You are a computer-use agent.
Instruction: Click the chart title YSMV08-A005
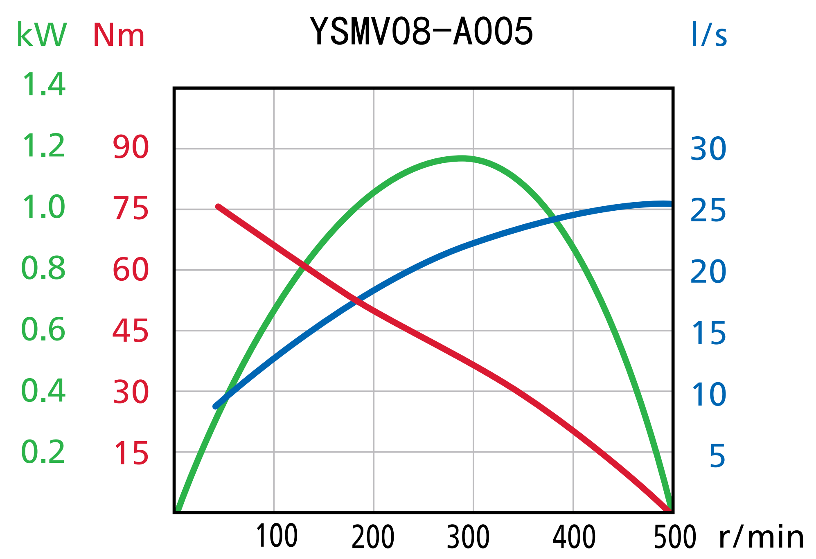[x=422, y=32]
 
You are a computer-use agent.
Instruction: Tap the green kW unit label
[x=41, y=35]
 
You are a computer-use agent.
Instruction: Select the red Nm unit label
[x=119, y=35]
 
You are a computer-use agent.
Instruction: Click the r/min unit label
[x=762, y=537]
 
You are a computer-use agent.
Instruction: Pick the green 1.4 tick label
[x=43, y=85]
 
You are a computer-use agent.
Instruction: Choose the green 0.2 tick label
[x=43, y=452]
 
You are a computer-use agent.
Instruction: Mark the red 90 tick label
[x=131, y=147]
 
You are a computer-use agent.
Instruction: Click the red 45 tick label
[x=131, y=331]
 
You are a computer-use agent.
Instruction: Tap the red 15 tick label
[x=131, y=453]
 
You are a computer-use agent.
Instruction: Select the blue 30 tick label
[x=708, y=149]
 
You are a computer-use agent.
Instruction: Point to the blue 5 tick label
[x=717, y=455]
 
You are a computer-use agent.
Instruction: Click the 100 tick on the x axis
[x=277, y=536]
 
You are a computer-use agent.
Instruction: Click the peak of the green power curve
[x=462, y=158]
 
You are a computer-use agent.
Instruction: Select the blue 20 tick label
[x=708, y=271]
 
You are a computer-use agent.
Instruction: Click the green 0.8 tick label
[x=43, y=268]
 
